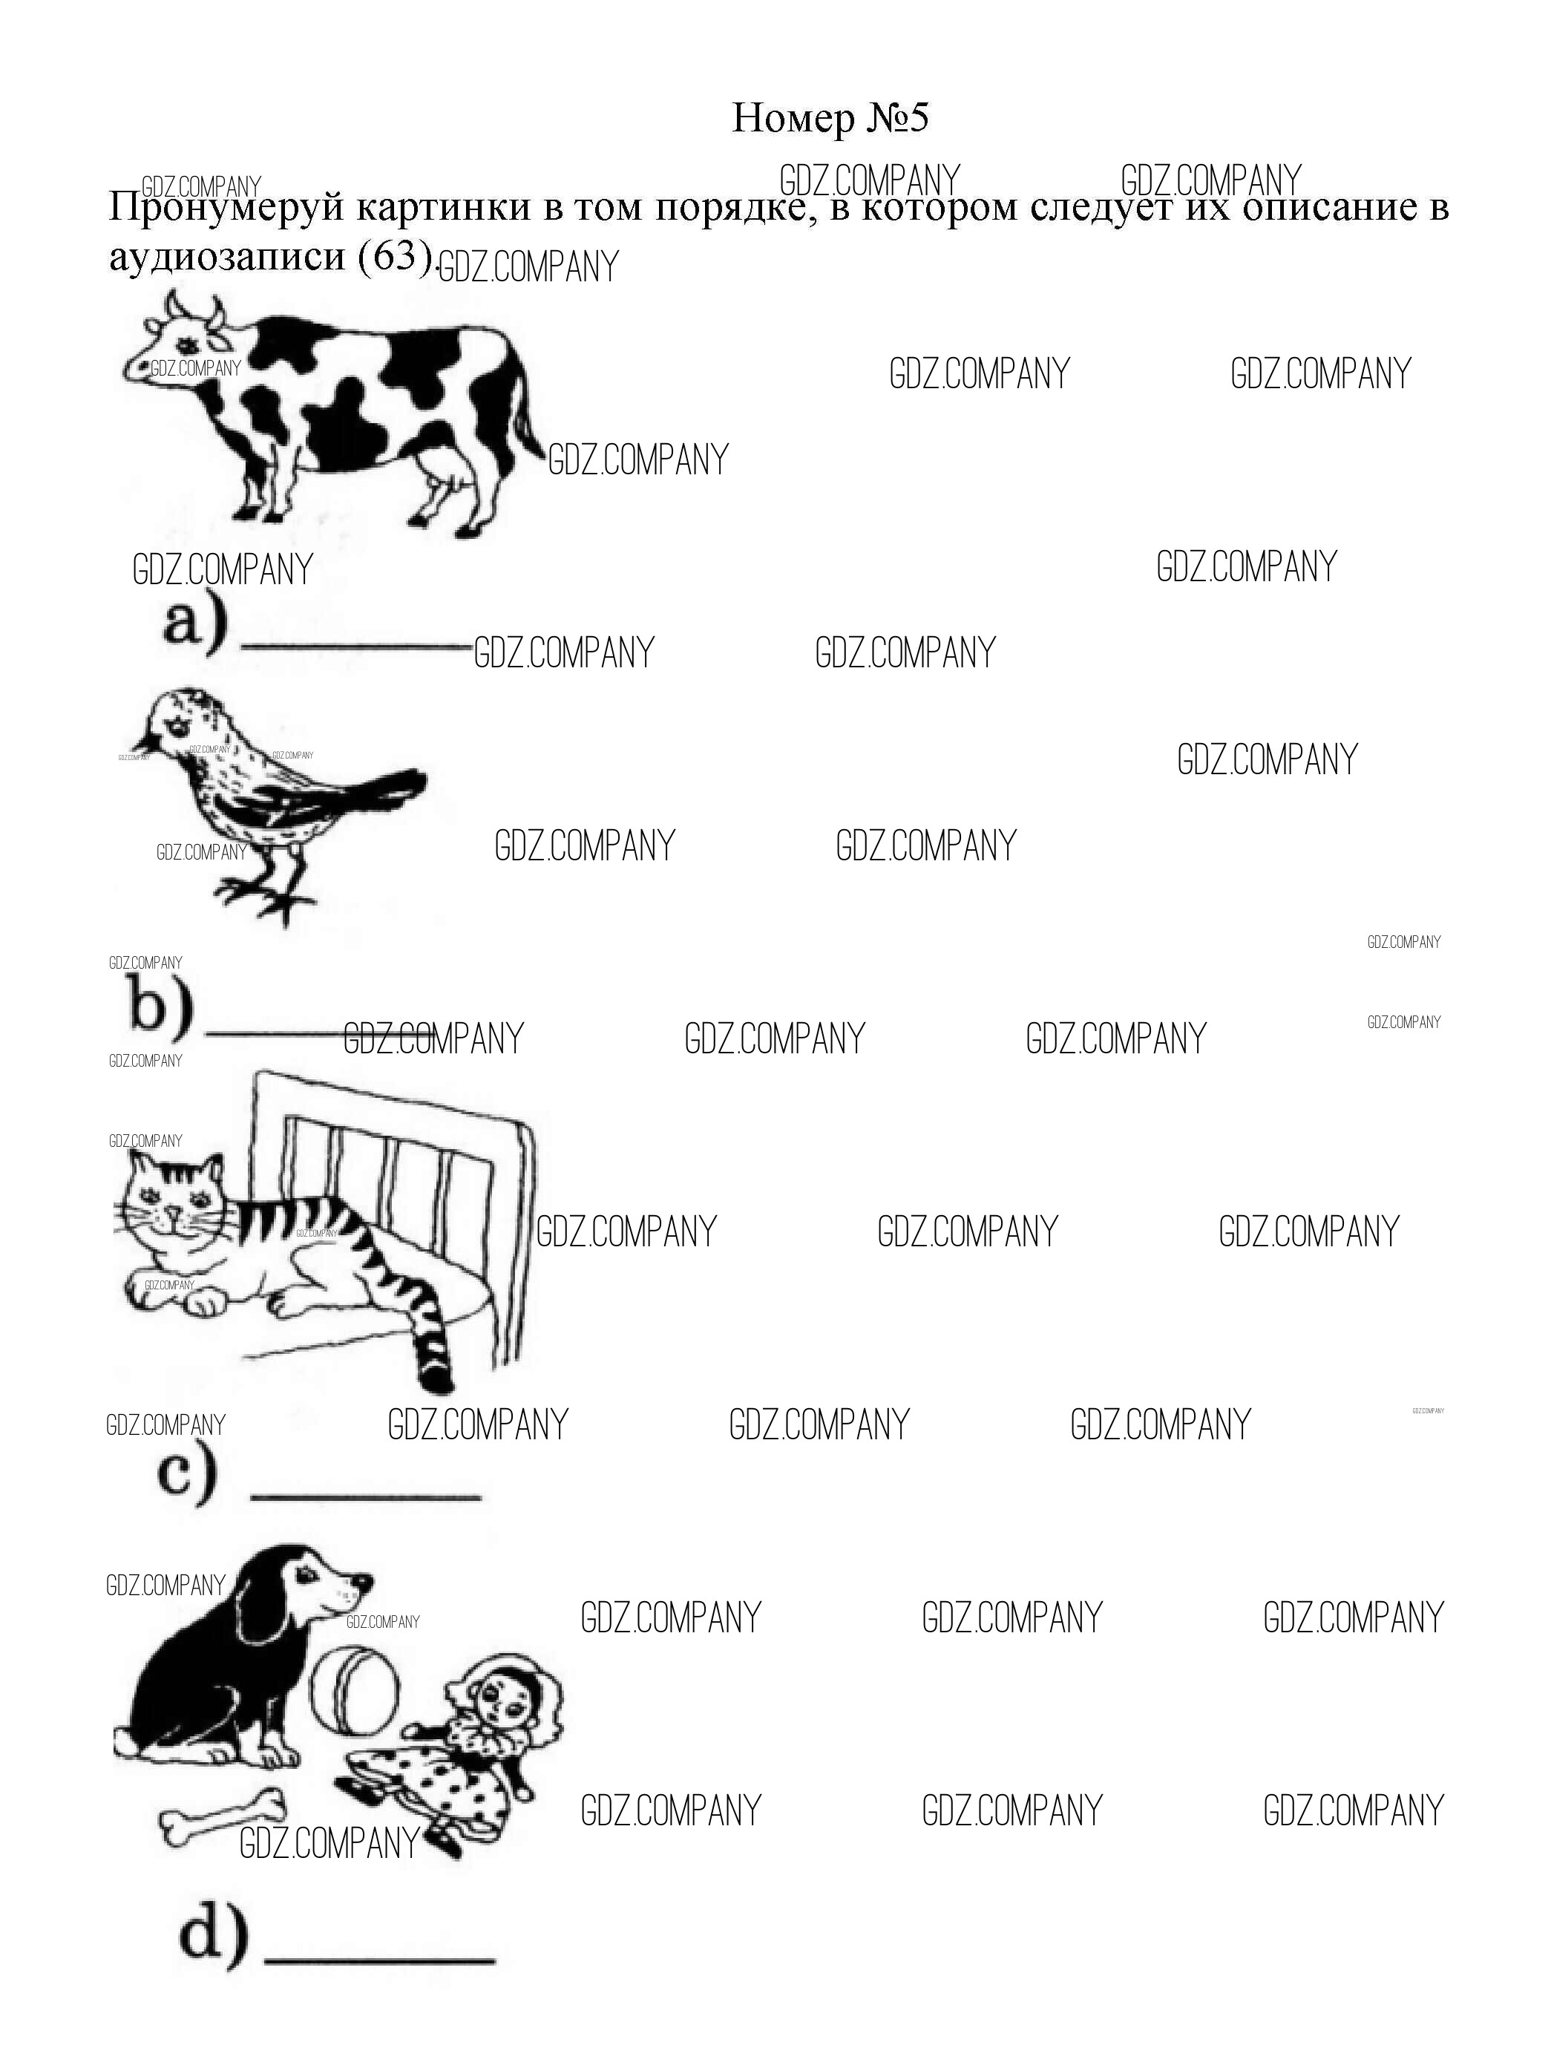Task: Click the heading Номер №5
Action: tap(830, 119)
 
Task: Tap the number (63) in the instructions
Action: tap(396, 255)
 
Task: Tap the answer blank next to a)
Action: tap(355, 645)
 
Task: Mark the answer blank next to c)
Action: tap(366, 1497)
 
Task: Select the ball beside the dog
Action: tap(355, 1694)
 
